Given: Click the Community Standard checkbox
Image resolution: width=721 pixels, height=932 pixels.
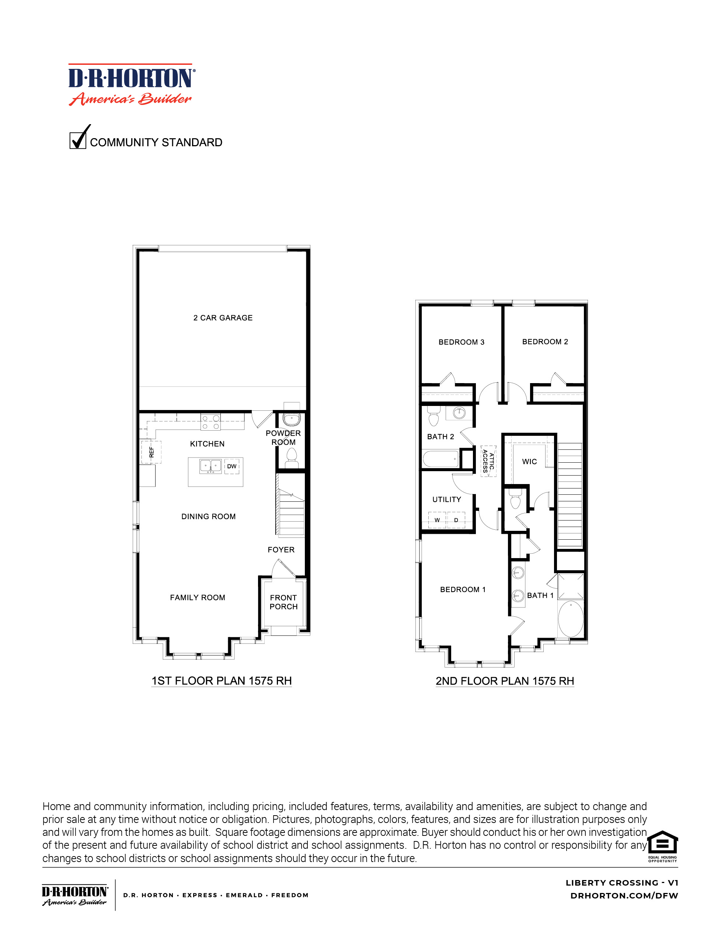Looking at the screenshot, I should pos(77,140).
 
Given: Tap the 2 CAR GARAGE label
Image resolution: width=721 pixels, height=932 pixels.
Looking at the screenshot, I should pos(223,318).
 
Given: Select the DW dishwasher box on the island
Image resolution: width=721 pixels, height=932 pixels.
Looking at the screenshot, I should pos(231,466).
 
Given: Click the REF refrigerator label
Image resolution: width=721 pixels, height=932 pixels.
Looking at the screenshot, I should pos(151,452).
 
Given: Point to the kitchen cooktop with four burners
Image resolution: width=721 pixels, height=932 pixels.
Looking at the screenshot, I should pos(210,423).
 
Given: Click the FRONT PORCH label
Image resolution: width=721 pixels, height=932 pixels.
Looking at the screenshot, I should pos(283,602).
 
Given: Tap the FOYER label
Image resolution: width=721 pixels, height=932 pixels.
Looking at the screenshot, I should pos(281,550).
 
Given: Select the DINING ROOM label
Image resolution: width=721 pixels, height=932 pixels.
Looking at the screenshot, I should pos(208,516).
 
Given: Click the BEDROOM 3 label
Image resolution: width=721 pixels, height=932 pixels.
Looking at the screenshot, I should pos(461,342).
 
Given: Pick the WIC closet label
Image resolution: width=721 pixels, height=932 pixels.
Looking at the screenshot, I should pos(529,461).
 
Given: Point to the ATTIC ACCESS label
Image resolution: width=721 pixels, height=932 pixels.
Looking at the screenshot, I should pos(488,461).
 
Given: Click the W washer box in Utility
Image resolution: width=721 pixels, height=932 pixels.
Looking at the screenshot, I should pos(437,520).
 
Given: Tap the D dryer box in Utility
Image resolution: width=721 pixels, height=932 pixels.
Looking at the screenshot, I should pos(456,520).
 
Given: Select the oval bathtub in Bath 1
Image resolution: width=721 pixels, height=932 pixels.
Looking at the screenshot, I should pos(571,619).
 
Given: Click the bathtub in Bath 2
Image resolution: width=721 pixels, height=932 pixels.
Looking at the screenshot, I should pos(441,459).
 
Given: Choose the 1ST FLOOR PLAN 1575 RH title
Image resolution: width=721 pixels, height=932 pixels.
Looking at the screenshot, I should pos(222,681).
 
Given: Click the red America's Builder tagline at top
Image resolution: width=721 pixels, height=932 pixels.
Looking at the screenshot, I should pos(130,99).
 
